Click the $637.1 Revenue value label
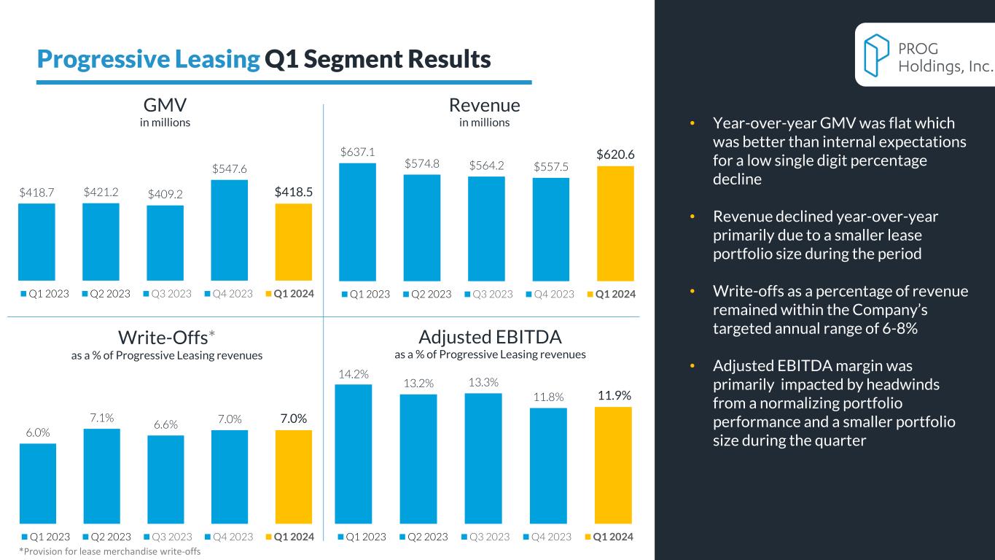point(358,152)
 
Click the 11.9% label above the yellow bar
point(614,396)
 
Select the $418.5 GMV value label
point(293,192)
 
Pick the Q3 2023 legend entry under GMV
point(168,294)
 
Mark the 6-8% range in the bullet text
point(894,328)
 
